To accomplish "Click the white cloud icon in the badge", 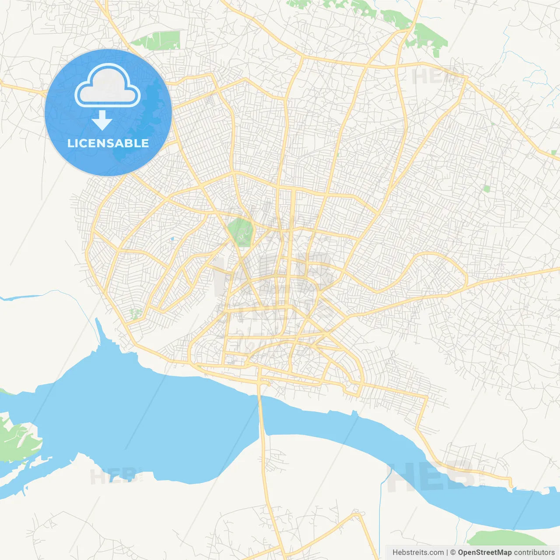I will [108, 86].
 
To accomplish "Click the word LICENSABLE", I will [108, 143].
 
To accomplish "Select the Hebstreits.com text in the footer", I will [418, 553].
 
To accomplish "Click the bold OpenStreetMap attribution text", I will [484, 553].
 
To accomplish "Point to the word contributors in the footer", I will [534, 553].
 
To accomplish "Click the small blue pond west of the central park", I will [172, 239].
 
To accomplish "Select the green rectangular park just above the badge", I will [158, 40].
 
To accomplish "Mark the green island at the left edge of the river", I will [17, 440].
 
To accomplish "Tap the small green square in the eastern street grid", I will [486, 189].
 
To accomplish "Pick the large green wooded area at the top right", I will [427, 37].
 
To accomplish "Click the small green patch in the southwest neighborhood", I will [136, 313].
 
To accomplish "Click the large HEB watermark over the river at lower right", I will [431, 477].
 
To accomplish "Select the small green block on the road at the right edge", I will [554, 153].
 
